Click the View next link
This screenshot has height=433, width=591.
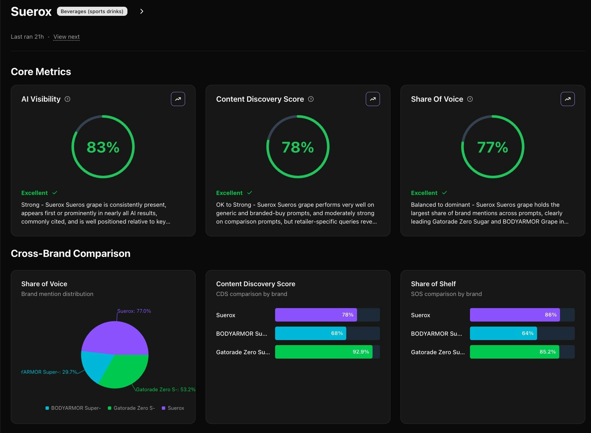[66, 37]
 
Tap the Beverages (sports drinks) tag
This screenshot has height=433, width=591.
[92, 11]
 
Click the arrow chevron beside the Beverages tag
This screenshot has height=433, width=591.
[142, 11]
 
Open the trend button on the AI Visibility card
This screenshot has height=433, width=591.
[178, 99]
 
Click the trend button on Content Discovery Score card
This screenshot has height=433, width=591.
[373, 99]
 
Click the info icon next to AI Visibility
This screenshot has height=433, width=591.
[67, 99]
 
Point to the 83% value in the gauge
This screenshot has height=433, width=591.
[103, 147]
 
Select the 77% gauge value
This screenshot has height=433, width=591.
[493, 147]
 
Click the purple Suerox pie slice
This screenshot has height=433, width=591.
[115, 337]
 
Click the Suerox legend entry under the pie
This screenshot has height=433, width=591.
[173, 408]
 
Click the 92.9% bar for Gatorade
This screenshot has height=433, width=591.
[324, 352]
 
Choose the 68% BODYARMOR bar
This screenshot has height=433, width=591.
[311, 333]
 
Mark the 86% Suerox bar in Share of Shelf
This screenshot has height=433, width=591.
[514, 315]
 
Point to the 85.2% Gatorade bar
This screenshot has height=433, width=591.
[514, 352]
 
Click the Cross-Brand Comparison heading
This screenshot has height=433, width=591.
[70, 254]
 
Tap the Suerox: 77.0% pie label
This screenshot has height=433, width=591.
[134, 311]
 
